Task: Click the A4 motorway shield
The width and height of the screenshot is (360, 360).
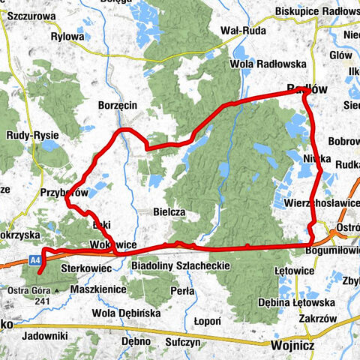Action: (34, 259)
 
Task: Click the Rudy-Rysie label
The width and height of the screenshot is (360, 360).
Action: (25, 136)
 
